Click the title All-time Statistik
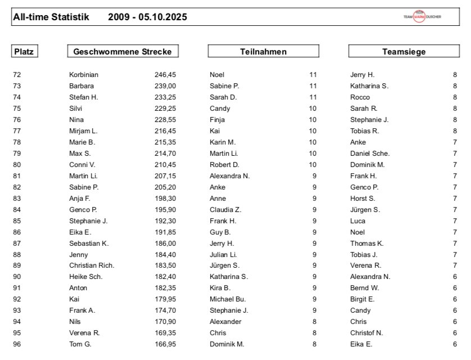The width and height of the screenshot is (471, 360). (51, 17)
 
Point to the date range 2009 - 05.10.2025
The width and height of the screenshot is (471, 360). (147, 17)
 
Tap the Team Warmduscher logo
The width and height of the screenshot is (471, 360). (422, 17)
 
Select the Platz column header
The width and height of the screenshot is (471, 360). (24, 52)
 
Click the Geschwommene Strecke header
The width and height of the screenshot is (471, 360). (123, 52)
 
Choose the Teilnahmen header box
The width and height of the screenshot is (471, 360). (264, 52)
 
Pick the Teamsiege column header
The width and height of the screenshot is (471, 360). (404, 52)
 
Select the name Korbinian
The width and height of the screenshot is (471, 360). (84, 75)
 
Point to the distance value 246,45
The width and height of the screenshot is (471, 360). (165, 75)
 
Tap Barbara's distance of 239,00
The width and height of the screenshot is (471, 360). (165, 86)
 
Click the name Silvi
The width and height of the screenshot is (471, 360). (76, 109)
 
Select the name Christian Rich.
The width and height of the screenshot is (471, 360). (90, 266)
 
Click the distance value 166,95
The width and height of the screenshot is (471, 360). (165, 345)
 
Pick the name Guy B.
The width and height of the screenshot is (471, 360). (220, 232)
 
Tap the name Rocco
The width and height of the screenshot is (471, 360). (360, 97)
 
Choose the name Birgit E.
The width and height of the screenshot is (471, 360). (362, 300)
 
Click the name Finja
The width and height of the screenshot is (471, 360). (217, 120)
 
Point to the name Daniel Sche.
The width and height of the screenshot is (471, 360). (370, 154)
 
